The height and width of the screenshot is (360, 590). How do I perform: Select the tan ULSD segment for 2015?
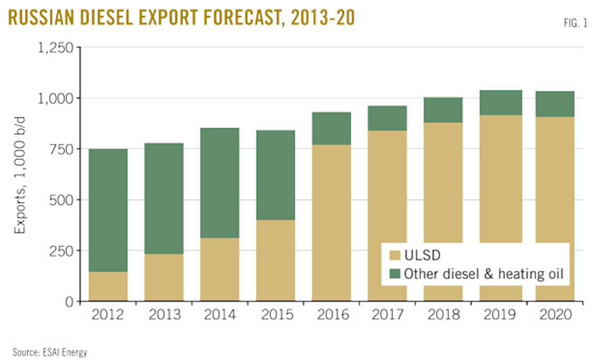275,260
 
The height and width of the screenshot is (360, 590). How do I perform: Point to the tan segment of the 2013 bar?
164,277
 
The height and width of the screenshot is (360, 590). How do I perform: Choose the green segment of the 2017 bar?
387,118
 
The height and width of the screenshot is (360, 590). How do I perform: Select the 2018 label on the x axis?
443,315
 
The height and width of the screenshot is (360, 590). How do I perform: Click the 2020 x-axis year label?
555,315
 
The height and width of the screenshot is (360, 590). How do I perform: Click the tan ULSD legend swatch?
394,256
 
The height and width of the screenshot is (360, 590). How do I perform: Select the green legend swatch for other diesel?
394,273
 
